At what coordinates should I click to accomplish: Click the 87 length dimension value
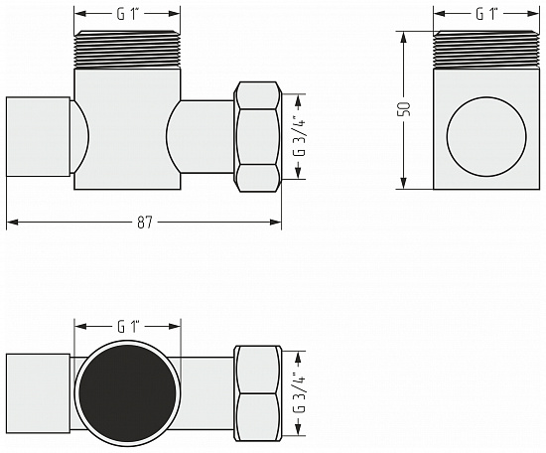tap(145, 222)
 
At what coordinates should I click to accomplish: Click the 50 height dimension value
tap(405, 109)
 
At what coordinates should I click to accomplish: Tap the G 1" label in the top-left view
tap(128, 14)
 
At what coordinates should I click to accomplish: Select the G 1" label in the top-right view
tap(486, 14)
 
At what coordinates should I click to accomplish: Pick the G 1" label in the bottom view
tap(128, 327)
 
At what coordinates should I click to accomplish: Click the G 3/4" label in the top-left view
tap(299, 137)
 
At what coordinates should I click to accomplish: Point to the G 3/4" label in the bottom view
tap(299, 393)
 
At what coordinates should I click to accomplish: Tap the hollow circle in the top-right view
tap(486, 137)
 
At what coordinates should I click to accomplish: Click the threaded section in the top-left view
tap(127, 50)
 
